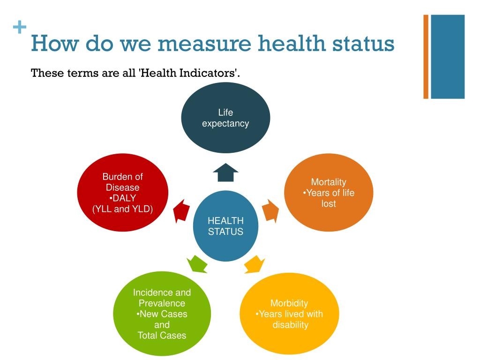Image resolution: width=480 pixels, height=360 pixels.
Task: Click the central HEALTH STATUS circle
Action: tap(225, 226)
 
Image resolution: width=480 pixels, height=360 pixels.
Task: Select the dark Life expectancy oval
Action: tap(225, 118)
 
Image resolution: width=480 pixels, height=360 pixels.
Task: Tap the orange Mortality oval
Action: tap(329, 193)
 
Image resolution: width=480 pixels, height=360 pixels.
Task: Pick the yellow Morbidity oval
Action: tap(289, 314)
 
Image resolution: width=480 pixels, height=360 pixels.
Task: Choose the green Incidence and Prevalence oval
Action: tap(162, 314)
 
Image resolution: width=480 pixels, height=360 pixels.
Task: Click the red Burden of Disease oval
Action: tap(122, 193)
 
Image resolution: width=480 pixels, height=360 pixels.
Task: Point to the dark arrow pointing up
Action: tap(225, 172)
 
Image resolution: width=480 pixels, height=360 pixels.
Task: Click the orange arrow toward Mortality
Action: tap(271, 210)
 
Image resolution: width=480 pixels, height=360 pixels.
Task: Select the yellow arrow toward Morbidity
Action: tap(255, 264)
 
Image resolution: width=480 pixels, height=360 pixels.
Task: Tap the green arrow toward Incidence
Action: tap(197, 264)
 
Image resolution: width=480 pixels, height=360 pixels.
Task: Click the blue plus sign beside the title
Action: tap(20, 27)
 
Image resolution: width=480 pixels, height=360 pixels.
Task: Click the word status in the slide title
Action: tap(363, 43)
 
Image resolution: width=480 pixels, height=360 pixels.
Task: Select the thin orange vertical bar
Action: tap(426, 57)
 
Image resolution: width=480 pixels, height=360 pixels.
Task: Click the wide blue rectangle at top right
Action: tap(448, 57)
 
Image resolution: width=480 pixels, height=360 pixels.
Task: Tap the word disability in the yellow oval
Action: tap(291, 324)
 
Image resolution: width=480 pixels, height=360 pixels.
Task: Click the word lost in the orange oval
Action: tap(329, 203)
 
